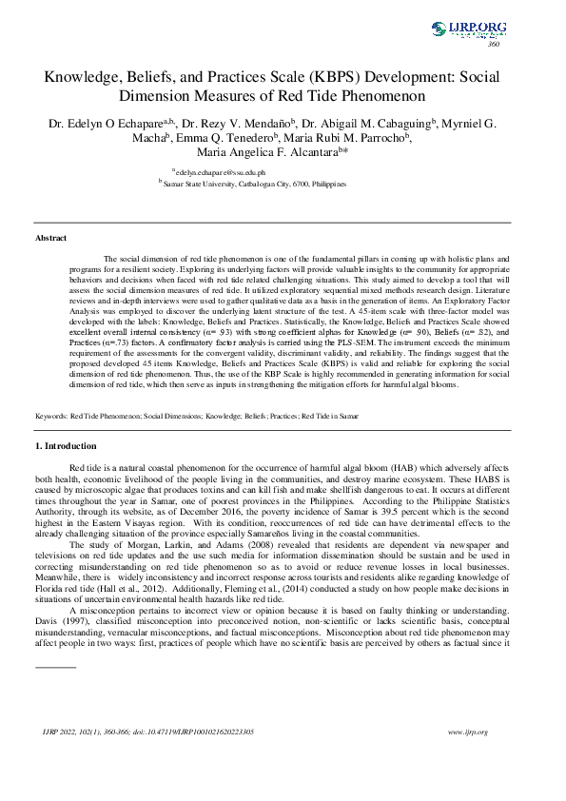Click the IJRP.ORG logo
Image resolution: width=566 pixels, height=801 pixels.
(468, 29)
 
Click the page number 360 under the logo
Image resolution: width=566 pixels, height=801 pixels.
(494, 45)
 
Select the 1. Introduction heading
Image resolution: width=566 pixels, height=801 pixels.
(65, 446)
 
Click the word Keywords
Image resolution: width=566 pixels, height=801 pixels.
(50, 417)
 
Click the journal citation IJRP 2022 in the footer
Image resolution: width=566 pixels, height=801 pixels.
(59, 732)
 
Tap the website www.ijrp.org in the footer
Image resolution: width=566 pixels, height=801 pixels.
(467, 732)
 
